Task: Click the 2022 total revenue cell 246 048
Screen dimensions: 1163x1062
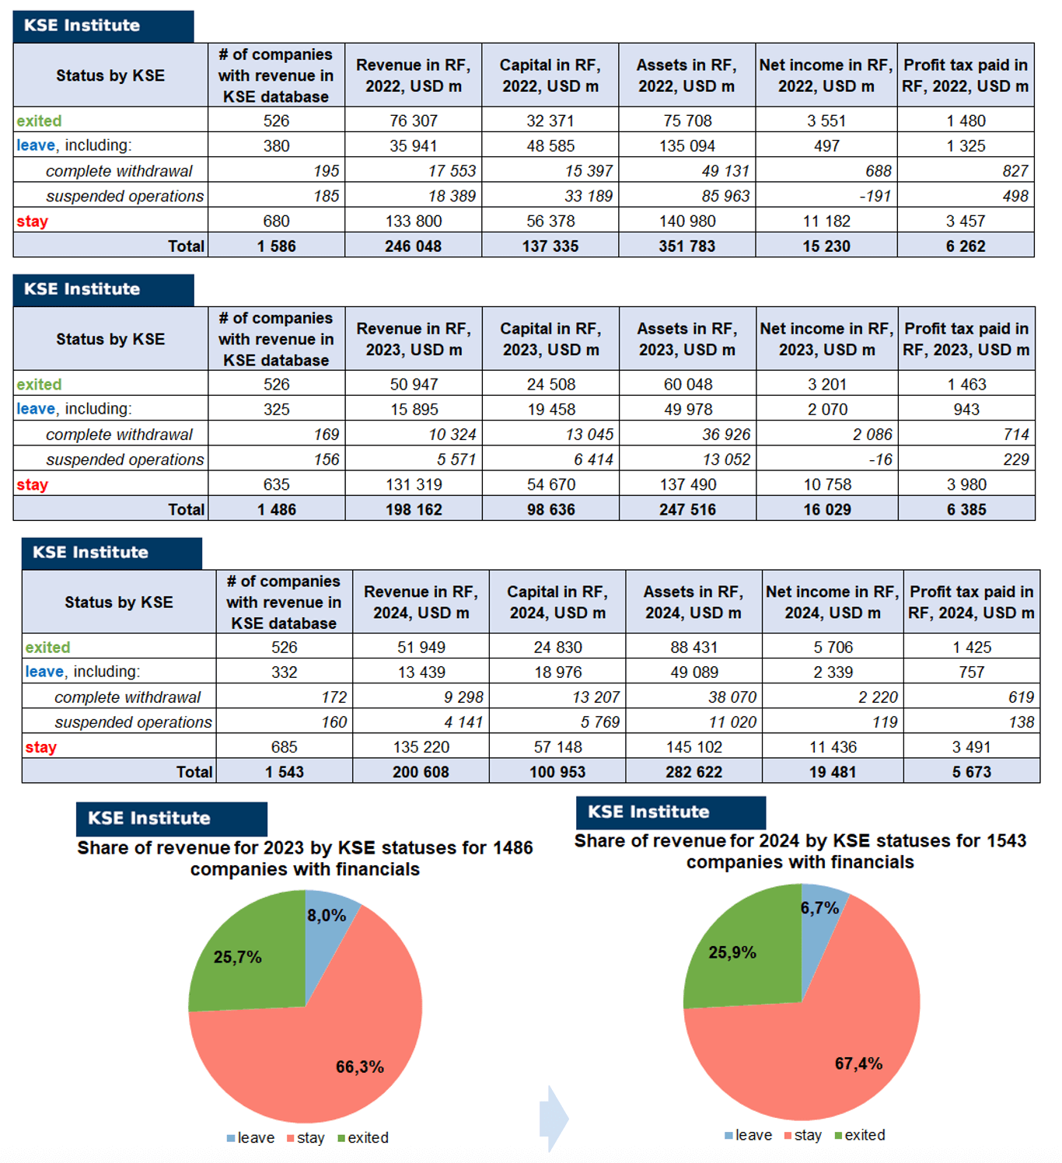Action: coord(413,246)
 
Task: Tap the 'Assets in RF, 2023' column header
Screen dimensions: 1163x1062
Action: coord(687,339)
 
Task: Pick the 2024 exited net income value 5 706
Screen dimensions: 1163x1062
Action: coord(833,647)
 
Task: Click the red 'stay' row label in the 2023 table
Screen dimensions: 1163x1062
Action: coord(33,484)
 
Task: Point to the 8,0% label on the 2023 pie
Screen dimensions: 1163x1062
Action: coord(327,916)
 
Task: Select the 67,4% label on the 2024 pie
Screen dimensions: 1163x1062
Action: coord(858,1063)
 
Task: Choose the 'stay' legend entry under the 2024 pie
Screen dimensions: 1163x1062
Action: coord(803,1135)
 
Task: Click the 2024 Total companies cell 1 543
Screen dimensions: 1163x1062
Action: coord(284,772)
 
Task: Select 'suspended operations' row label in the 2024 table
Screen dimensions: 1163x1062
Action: coord(133,722)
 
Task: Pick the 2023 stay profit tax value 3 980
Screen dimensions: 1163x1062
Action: coord(966,484)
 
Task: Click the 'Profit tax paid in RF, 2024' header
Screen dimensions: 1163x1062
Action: coord(971,602)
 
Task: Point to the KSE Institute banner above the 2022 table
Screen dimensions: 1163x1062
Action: coord(103,26)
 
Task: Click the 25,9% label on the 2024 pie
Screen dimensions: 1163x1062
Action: coord(732,952)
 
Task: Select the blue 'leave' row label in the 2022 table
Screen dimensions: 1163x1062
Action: coord(36,145)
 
